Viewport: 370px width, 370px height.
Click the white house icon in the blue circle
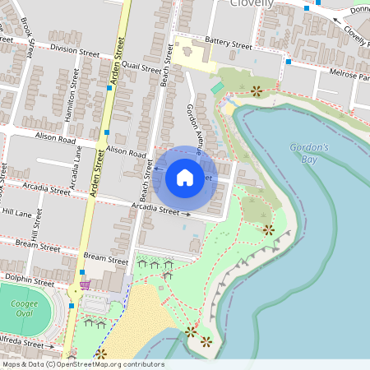pyautogui.click(x=185, y=177)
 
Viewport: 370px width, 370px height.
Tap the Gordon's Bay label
pyautogui.click(x=309, y=154)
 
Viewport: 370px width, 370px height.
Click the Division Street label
pyautogui.click(x=74, y=51)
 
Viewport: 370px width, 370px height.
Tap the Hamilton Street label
pyautogui.click(x=76, y=95)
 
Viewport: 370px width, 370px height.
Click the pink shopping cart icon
pyautogui.click(x=85, y=286)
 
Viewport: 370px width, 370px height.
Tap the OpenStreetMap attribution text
pyautogui.click(x=82, y=364)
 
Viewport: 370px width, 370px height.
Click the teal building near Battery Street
pyautogui.click(x=217, y=87)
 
